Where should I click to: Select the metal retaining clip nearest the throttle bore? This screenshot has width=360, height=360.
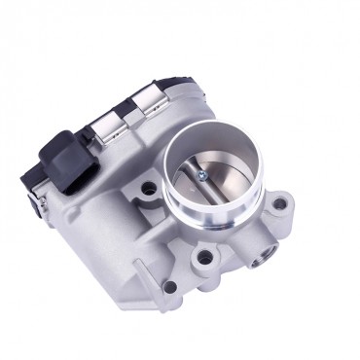(x=149, y=100)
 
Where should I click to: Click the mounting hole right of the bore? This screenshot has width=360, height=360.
(x=282, y=205)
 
